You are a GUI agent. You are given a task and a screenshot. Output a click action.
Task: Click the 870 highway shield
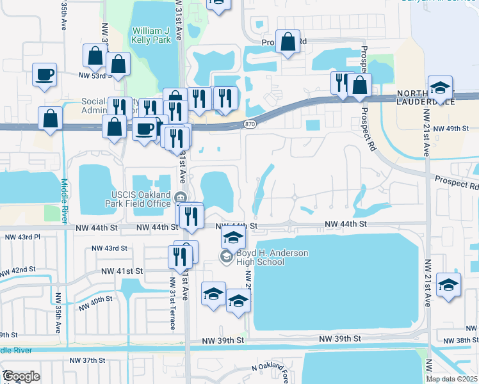(x=250, y=123)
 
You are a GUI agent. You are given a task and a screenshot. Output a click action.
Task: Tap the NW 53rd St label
(x=95, y=76)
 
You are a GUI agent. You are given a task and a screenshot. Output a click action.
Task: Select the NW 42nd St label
(x=19, y=270)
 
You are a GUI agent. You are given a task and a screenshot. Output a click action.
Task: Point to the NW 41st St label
(x=121, y=271)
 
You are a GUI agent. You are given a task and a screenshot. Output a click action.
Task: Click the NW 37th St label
(x=88, y=361)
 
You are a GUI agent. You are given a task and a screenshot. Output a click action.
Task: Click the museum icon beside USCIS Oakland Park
(x=181, y=196)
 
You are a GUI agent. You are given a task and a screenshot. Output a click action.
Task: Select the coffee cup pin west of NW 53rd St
(x=45, y=74)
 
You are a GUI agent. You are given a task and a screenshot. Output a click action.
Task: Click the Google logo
(x=21, y=376)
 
